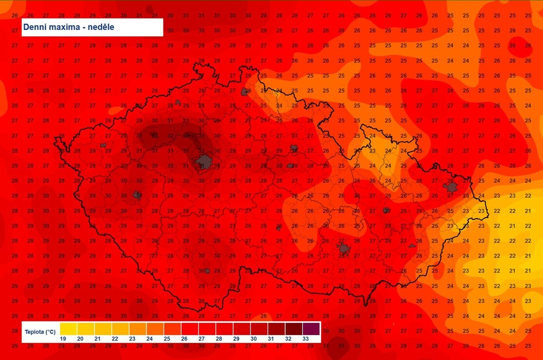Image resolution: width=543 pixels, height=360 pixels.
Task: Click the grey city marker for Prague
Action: [x=204, y=161]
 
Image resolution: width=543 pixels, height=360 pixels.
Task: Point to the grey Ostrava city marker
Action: [x=451, y=186]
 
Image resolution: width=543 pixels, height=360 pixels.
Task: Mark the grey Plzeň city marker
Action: [x=137, y=195]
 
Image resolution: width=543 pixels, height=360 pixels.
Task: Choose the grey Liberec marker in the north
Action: [x=246, y=91]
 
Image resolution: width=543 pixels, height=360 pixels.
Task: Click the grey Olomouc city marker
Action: [x=386, y=210]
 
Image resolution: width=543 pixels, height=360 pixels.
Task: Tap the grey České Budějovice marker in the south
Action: [x=207, y=271]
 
